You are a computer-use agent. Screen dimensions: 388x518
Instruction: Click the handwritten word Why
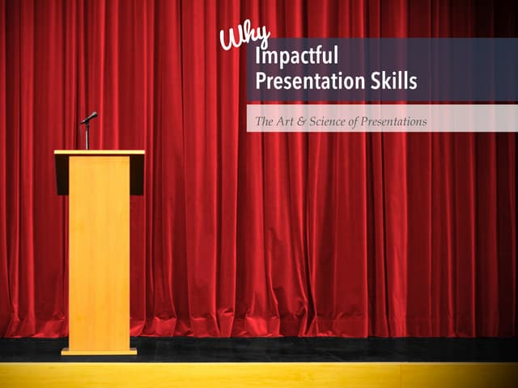pos(243,36)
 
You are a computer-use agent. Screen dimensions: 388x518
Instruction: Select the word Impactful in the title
pos(295,57)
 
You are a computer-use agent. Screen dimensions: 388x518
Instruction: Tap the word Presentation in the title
pos(303,82)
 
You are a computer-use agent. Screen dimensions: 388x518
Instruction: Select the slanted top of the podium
pos(99,152)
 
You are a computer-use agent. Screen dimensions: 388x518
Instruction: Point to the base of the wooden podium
pos(99,352)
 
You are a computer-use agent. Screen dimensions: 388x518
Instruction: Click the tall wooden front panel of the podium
pos(99,251)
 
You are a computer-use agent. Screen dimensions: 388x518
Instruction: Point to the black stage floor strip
pos(324,349)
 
